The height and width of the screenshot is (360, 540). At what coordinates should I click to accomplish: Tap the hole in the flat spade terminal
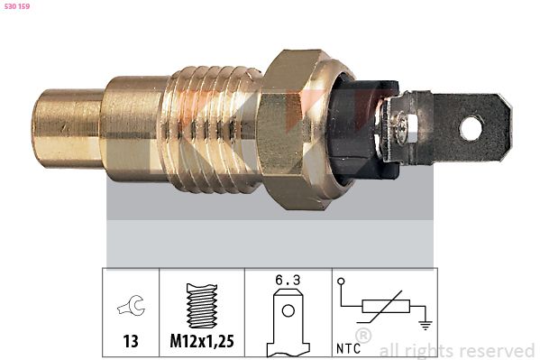tap(471, 128)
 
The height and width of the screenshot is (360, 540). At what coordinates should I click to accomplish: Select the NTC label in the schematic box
tap(352, 346)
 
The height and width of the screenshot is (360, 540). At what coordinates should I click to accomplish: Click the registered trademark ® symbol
tap(363, 335)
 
